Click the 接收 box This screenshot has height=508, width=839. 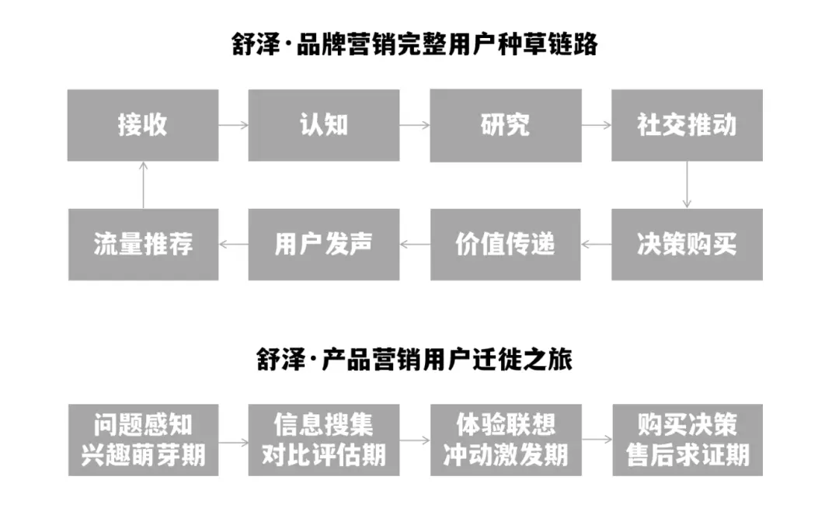click(x=143, y=125)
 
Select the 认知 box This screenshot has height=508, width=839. click(x=324, y=125)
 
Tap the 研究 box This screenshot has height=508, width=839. click(x=506, y=125)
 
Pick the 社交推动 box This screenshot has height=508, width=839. click(x=687, y=125)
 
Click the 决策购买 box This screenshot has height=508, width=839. click(x=687, y=244)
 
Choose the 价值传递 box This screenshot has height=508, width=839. click(x=506, y=244)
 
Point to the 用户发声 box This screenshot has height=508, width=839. click(x=324, y=244)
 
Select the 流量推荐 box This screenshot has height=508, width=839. click(x=143, y=244)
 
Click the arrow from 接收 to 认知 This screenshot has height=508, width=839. click(x=233, y=125)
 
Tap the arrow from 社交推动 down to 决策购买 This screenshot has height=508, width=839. click(x=687, y=185)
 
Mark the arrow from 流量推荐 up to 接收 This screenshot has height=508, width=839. click(x=143, y=185)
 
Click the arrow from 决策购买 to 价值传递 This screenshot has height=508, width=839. click(x=596, y=244)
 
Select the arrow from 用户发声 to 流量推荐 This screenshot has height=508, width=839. click(x=233, y=244)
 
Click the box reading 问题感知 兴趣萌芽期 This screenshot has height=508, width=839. click(x=143, y=440)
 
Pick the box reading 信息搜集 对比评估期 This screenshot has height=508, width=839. click(x=324, y=440)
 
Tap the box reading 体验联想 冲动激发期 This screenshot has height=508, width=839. click(x=506, y=440)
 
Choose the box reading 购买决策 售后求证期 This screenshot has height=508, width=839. click(x=687, y=440)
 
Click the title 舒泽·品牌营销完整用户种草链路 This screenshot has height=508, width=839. click(x=415, y=44)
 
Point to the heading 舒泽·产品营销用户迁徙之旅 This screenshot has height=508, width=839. click(x=415, y=360)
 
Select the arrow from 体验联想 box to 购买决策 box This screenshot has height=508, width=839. click(x=596, y=440)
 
